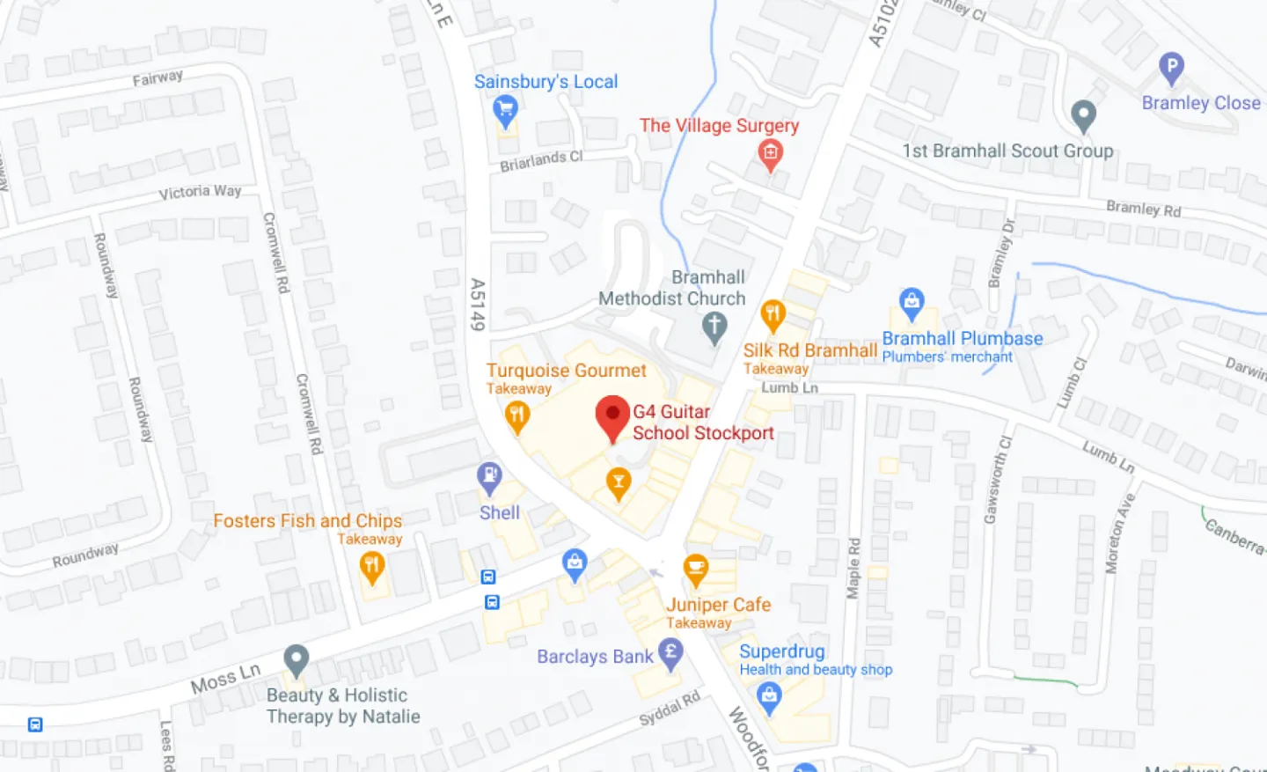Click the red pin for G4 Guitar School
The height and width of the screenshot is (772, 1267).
coord(612,415)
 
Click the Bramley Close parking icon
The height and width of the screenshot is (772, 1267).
coord(1171,67)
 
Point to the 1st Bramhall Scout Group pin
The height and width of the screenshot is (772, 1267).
coord(1083,114)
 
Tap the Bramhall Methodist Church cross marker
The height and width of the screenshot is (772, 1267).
coord(714,327)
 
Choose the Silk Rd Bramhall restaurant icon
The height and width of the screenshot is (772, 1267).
coord(773,313)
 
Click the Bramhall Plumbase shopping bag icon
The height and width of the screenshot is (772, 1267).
coord(912,303)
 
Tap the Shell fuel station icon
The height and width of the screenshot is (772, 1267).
coord(489,478)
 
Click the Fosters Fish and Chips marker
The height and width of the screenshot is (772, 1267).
coord(372,566)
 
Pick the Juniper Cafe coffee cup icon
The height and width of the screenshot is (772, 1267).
coord(696,569)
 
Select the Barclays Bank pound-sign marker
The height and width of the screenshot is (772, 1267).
coord(670,653)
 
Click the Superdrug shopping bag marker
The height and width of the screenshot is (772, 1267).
coord(769,697)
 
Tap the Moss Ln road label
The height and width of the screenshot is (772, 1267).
coord(225,678)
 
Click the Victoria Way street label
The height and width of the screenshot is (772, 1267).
coord(200,192)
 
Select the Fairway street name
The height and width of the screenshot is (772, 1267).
coord(157,78)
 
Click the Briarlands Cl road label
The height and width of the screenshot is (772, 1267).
coord(541,161)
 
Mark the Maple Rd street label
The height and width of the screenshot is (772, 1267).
coord(853,569)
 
